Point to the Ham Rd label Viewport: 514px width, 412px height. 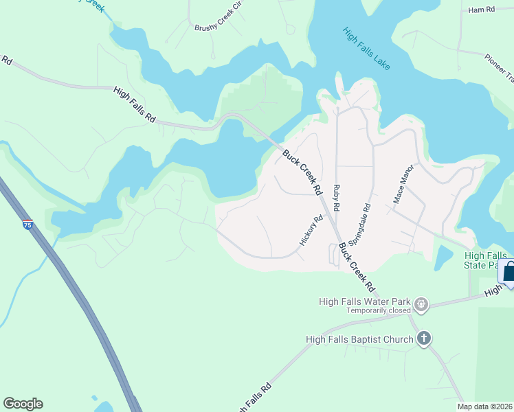(481, 10)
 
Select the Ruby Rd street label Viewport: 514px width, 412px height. (337, 197)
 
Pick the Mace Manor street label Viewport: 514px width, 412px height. (403, 183)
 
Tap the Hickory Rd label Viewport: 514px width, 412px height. (311, 231)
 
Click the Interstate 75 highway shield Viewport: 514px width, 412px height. (27, 225)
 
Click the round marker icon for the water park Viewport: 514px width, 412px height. (422, 304)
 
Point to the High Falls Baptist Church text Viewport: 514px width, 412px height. (360, 339)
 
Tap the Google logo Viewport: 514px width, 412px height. (23, 404)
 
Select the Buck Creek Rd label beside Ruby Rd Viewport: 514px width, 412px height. (303, 172)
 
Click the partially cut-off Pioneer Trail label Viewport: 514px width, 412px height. (498, 67)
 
